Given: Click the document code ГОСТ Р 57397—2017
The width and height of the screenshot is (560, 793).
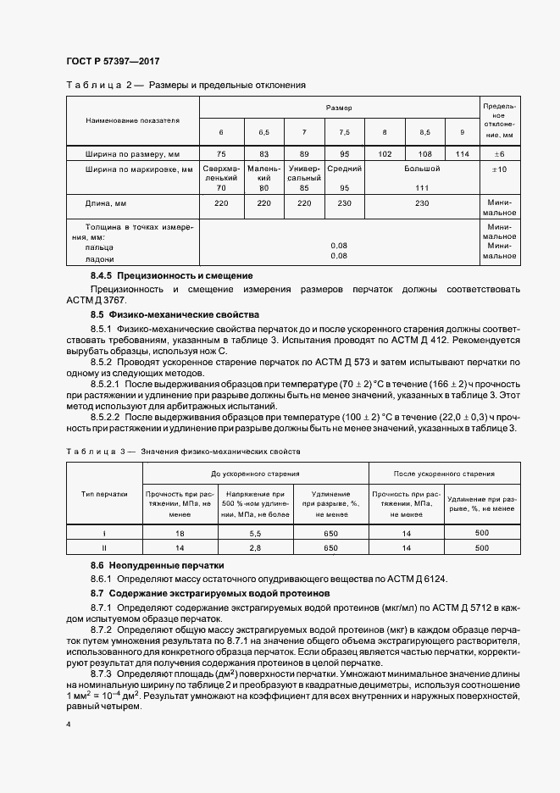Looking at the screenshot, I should (x=113, y=61).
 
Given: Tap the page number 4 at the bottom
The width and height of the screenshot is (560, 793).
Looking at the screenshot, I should (x=68, y=724).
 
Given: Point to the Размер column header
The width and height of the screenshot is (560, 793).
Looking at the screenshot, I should (x=339, y=108).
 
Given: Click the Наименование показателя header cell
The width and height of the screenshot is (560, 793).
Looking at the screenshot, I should (x=132, y=120).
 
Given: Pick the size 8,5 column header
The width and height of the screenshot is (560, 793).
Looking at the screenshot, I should (x=425, y=133).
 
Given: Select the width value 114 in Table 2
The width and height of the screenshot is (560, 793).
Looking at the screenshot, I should (x=462, y=154).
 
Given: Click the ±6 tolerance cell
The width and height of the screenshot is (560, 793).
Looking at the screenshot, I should (x=499, y=154).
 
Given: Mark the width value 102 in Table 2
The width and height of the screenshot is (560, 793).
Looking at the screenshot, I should (x=385, y=154).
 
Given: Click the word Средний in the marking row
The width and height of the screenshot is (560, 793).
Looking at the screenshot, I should (x=345, y=169).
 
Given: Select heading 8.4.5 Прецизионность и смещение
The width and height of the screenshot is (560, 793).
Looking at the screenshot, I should (x=172, y=276).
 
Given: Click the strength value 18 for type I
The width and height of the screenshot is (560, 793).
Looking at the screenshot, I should (x=180, y=534).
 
